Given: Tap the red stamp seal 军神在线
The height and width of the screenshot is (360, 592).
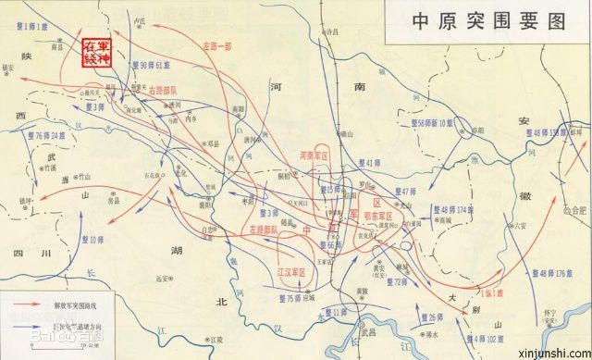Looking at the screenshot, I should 92,52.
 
